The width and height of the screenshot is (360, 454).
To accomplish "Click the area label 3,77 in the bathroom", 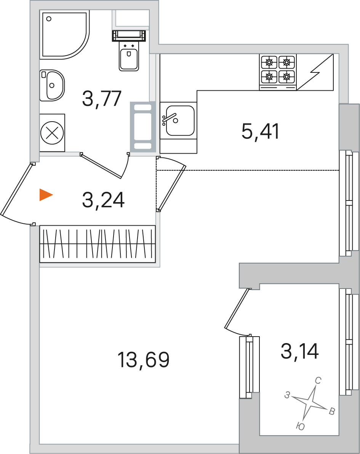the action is [x=102, y=98].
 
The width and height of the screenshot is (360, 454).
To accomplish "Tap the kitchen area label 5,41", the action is [x=261, y=131].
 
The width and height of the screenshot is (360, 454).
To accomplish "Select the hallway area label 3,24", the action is [x=103, y=200].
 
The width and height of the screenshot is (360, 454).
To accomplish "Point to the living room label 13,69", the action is [x=143, y=359].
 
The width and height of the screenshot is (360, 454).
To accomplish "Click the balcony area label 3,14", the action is [x=300, y=351].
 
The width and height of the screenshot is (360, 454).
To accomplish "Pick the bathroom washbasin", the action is [x=52, y=85].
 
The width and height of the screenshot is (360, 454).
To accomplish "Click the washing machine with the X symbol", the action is [x=52, y=133].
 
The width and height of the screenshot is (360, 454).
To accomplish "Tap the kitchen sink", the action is [x=178, y=120].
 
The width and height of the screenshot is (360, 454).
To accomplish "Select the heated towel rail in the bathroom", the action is [x=143, y=127].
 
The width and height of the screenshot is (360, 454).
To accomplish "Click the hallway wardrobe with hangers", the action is [x=98, y=244].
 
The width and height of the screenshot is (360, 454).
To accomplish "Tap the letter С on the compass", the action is [x=318, y=380].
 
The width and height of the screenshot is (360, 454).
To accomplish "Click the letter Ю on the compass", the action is [x=301, y=426].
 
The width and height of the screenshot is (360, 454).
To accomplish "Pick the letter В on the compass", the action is [x=332, y=411].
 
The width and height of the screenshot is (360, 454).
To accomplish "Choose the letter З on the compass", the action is [x=287, y=395].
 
